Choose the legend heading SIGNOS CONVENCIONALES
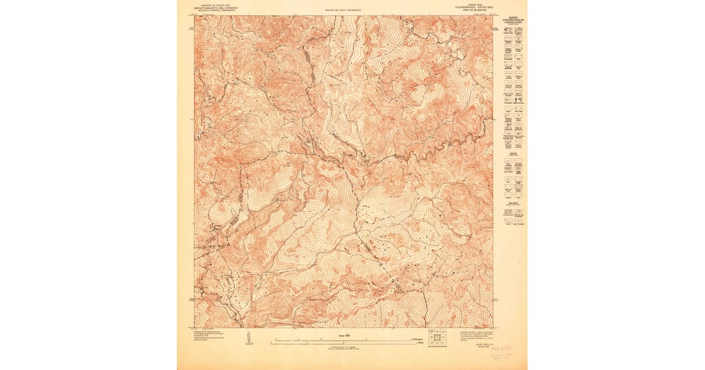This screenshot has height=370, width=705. tap(516, 19)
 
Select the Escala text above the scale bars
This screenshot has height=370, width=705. tap(343, 335)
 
